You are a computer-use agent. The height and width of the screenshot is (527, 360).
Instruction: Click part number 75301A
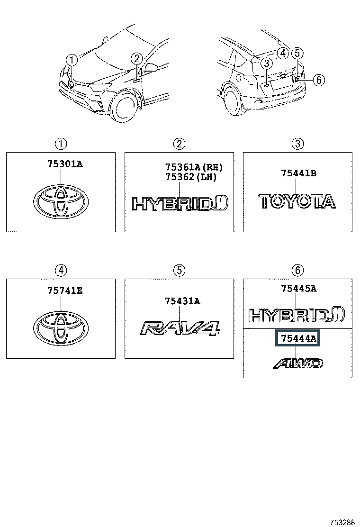[x=64, y=164]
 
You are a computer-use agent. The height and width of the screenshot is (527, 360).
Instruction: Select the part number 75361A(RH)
[x=193, y=167]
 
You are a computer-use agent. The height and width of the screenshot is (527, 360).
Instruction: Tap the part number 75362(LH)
[x=190, y=177]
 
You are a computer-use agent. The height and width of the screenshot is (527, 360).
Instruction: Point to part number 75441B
[x=298, y=173]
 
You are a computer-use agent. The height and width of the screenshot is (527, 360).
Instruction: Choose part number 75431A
[x=182, y=301]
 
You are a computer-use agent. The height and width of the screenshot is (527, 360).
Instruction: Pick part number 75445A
[x=298, y=288]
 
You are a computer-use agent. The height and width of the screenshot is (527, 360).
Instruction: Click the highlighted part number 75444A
[x=298, y=338]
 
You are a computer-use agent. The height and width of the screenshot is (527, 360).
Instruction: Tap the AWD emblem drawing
[x=298, y=363]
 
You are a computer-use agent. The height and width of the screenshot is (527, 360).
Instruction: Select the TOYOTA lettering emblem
[x=297, y=201]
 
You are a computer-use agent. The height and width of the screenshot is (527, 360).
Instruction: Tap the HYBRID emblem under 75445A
[x=297, y=315]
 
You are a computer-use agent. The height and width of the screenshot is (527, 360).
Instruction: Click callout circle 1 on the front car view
[x=71, y=60]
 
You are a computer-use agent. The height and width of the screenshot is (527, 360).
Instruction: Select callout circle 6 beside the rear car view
[x=318, y=80]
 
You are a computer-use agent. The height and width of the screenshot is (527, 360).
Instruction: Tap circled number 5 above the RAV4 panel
[x=179, y=271]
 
